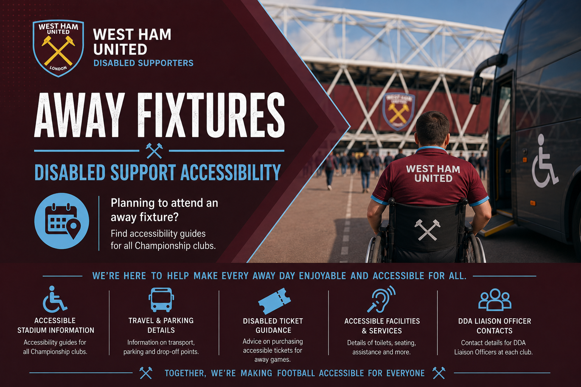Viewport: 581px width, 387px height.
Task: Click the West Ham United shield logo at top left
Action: pyautogui.click(x=58, y=48)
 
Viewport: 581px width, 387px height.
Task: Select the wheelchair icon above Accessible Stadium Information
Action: pyautogui.click(x=55, y=299)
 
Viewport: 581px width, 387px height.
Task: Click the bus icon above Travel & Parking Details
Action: pyautogui.click(x=161, y=300)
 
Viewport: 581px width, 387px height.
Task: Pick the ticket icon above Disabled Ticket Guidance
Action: pyautogui.click(x=274, y=301)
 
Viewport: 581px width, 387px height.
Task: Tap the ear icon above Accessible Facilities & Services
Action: pyautogui.click(x=381, y=299)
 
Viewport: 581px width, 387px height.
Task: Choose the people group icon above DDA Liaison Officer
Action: pyautogui.click(x=495, y=300)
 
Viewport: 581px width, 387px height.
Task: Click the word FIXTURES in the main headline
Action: pyautogui.click(x=211, y=115)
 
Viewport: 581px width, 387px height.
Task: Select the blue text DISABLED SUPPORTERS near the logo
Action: pyautogui.click(x=143, y=63)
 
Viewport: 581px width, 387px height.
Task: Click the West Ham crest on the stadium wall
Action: pyautogui.click(x=398, y=111)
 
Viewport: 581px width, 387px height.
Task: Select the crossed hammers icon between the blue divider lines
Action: pyautogui.click(x=154, y=150)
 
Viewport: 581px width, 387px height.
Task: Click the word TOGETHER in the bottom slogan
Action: pyautogui.click(x=185, y=373)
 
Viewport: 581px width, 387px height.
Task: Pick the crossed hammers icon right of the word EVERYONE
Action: pyautogui.click(x=439, y=373)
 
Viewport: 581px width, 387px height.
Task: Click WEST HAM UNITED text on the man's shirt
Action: pyautogui.click(x=433, y=173)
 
